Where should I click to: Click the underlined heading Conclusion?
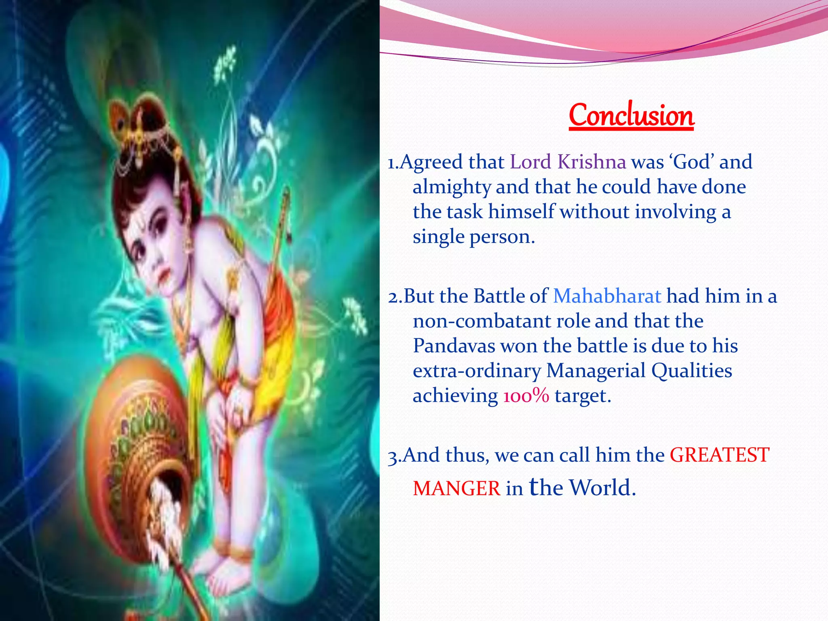pyautogui.click(x=631, y=116)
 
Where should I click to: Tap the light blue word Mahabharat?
pyautogui.click(x=607, y=296)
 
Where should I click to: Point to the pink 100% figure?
pyautogui.click(x=526, y=395)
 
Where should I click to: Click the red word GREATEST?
pyautogui.click(x=720, y=455)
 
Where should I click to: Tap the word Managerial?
pyautogui.click(x=596, y=371)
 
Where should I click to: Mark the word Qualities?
pyautogui.click(x=691, y=371)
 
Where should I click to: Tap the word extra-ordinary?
pyautogui.click(x=477, y=371)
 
